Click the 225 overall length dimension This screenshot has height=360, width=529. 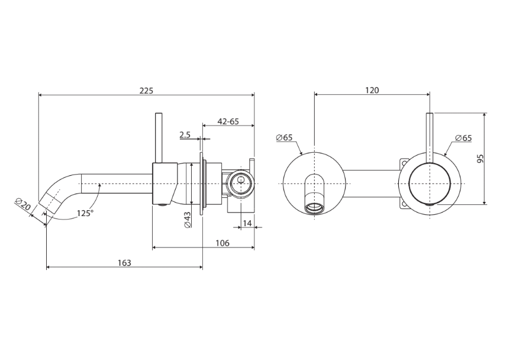coord(146,91)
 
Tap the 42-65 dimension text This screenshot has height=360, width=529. coord(228,121)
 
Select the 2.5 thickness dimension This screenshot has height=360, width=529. coord(185,135)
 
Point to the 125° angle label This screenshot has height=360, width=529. coord(85,213)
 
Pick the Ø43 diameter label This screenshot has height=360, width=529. coord(188,219)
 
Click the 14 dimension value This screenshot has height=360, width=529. coord(247,223)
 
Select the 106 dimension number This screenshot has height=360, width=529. coord(222,243)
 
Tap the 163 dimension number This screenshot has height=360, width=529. coord(124,262)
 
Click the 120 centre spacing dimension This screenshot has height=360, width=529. coord(372,90)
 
